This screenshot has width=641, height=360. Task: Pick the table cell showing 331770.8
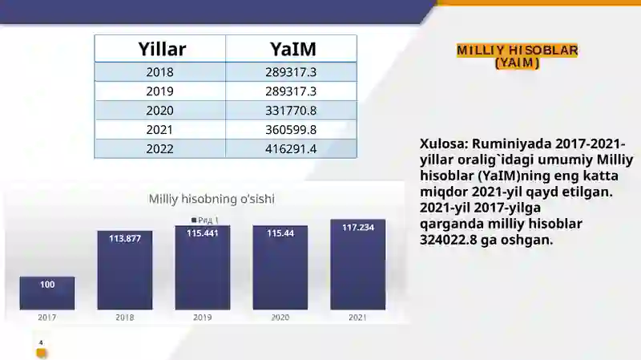291,111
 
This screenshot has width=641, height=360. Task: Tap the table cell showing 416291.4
291,149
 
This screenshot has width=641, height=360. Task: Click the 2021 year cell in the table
159,130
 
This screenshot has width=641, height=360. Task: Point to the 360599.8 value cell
291,130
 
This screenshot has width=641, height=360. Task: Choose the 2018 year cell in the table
159,72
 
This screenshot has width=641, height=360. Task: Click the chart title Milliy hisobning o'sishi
212,199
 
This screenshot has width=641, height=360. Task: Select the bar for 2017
47,293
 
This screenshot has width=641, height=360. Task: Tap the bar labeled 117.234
357,265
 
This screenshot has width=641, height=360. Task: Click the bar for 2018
125,270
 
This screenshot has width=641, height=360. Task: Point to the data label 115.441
203,233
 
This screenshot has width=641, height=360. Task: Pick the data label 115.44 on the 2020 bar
280,233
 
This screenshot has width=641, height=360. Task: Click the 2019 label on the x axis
203,318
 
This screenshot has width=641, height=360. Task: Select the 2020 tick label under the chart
280,318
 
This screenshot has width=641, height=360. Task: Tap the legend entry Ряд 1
205,220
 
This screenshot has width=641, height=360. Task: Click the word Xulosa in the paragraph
444,144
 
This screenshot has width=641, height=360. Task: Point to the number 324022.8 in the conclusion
448,240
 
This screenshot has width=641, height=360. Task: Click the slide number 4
41,343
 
